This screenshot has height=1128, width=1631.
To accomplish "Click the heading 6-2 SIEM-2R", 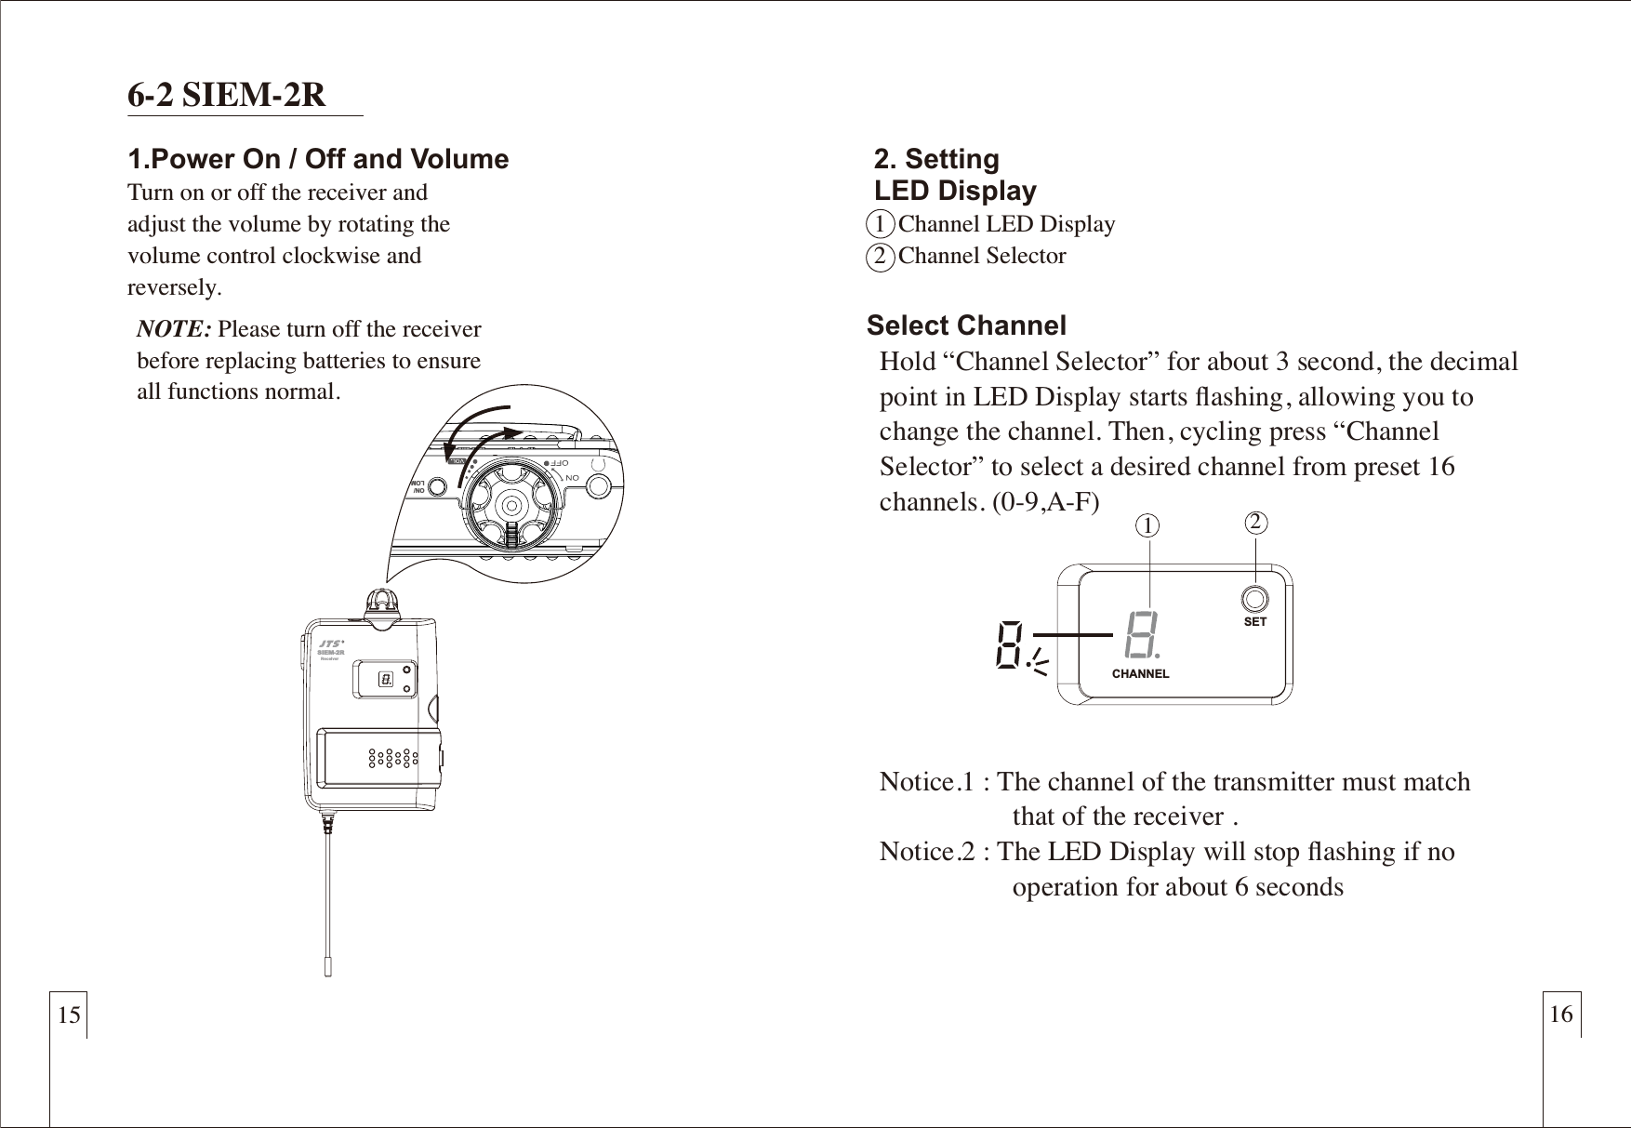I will click(x=227, y=95).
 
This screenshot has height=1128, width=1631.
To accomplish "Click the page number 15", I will click(x=69, y=1015).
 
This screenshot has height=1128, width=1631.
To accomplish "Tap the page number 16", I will click(x=1561, y=1014).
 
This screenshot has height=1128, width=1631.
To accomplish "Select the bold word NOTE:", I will click(x=175, y=329).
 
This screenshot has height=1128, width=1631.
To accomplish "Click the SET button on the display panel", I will click(x=1254, y=599).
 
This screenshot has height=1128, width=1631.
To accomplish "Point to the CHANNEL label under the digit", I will click(x=1140, y=673).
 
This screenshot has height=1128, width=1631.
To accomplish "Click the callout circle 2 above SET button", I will click(x=1256, y=522).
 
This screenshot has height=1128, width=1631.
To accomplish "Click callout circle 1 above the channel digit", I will click(x=1150, y=526).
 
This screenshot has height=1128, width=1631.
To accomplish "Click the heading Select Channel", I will click(x=966, y=325).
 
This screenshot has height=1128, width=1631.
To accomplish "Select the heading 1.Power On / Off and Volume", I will click(x=318, y=159).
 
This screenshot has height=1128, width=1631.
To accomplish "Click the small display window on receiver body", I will click(x=385, y=681).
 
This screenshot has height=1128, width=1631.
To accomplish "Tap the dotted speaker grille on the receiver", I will click(x=393, y=759).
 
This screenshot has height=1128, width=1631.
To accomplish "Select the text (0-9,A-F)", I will click(x=1045, y=503).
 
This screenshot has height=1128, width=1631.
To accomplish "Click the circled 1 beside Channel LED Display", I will click(x=880, y=224).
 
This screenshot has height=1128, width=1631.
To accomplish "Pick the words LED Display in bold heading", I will click(x=955, y=191).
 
